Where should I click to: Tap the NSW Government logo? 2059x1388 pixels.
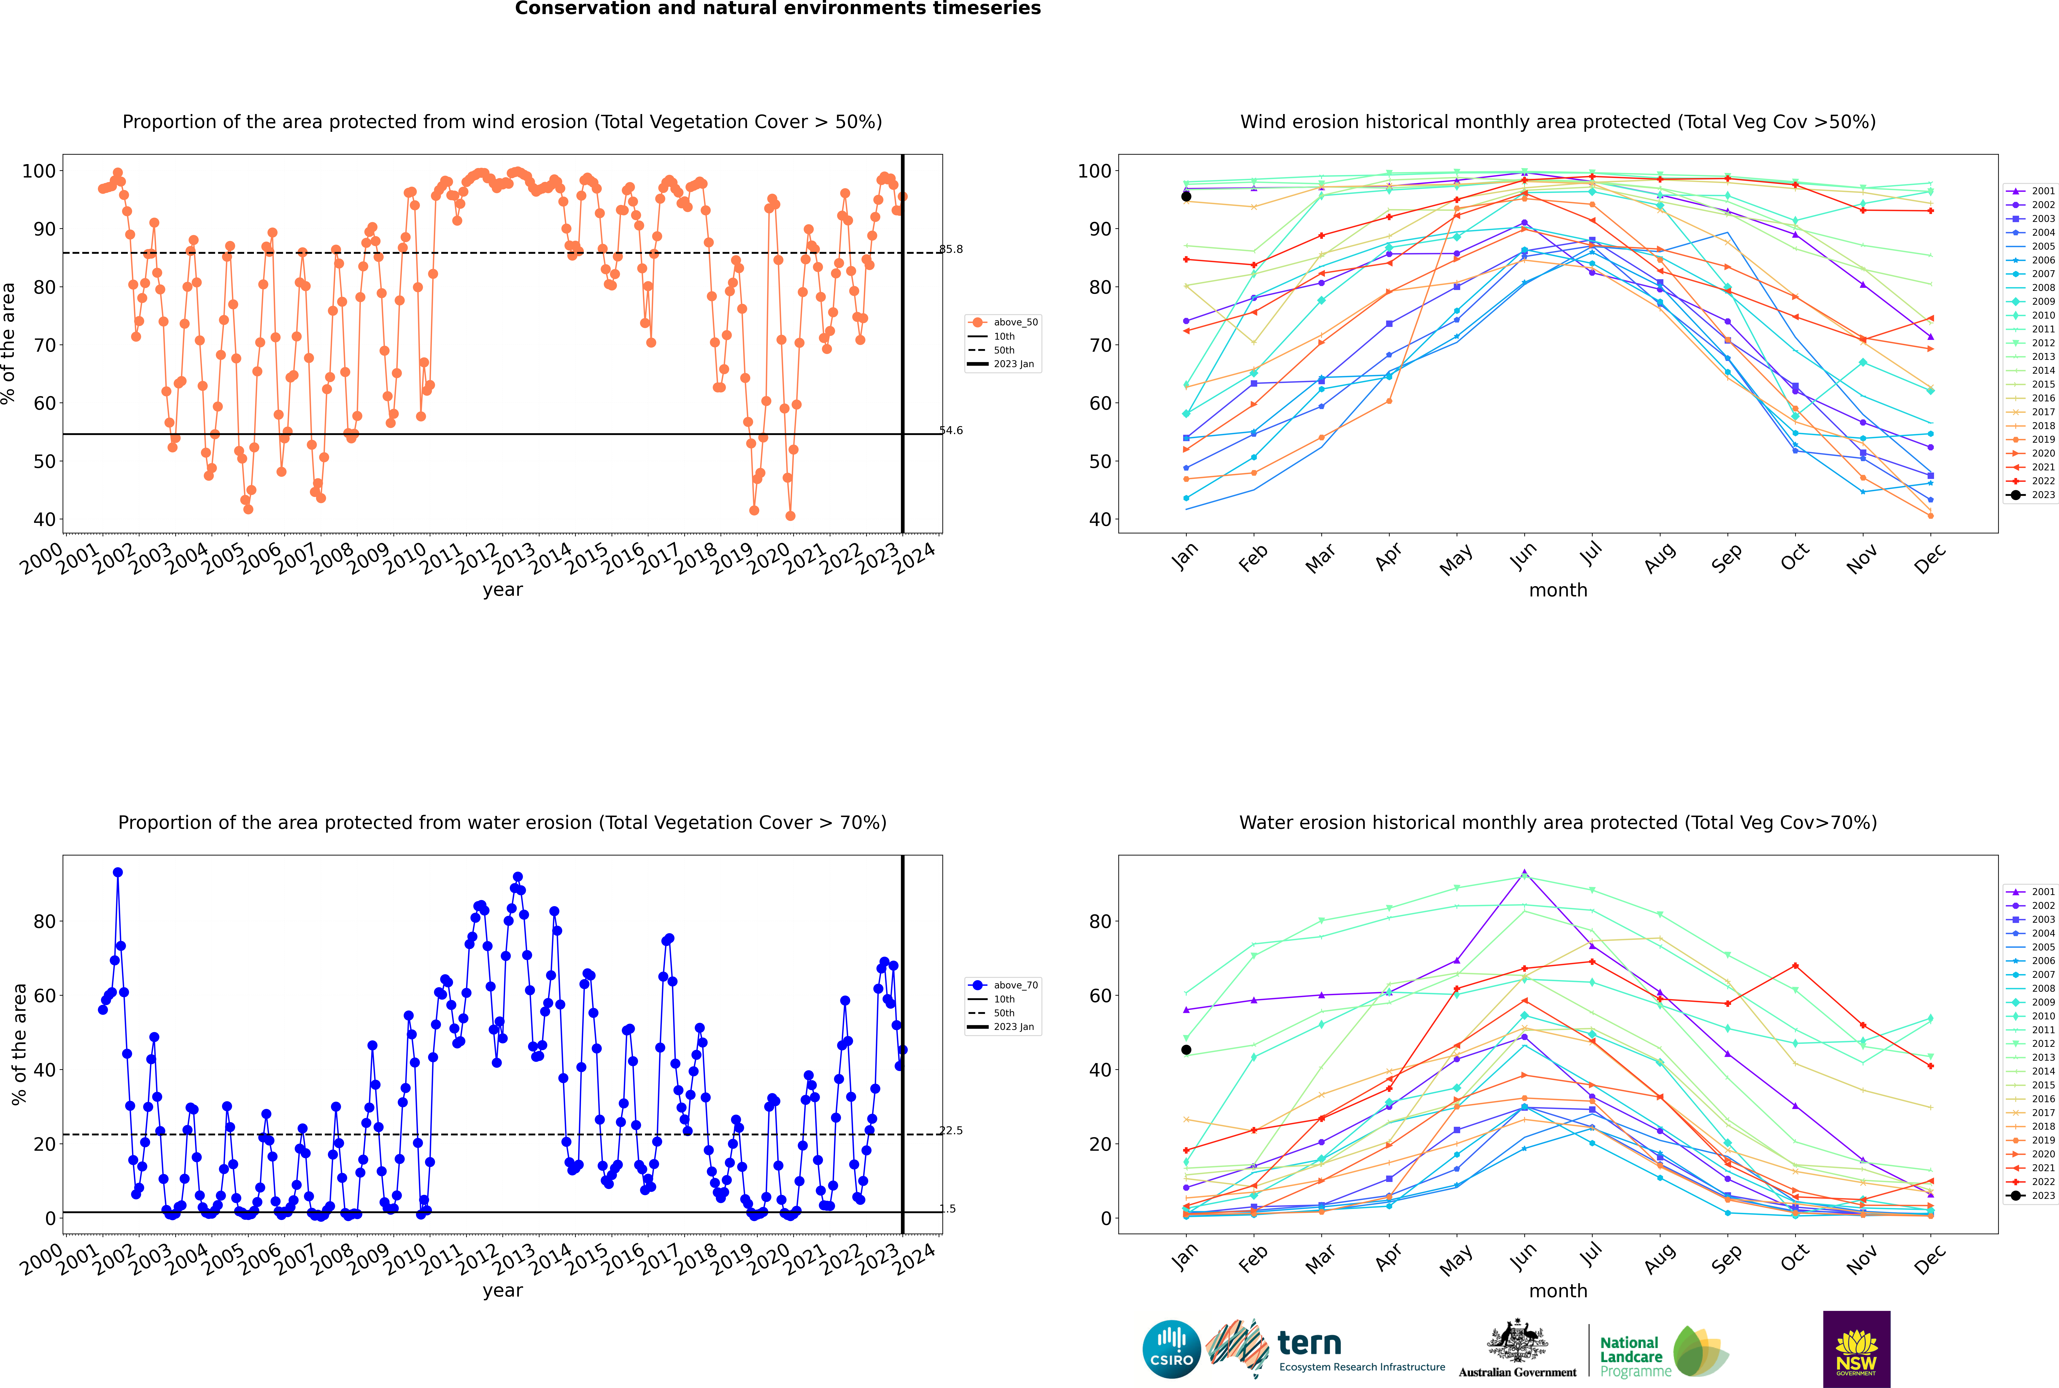pyautogui.click(x=1856, y=1348)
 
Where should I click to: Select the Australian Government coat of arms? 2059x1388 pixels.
pyautogui.click(x=1517, y=1341)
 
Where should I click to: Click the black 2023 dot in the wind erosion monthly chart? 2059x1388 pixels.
pyautogui.click(x=1186, y=197)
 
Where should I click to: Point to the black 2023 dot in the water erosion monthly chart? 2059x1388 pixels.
pyautogui.click(x=1186, y=1050)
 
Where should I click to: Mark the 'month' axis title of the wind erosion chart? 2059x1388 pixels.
pyautogui.click(x=1558, y=591)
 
